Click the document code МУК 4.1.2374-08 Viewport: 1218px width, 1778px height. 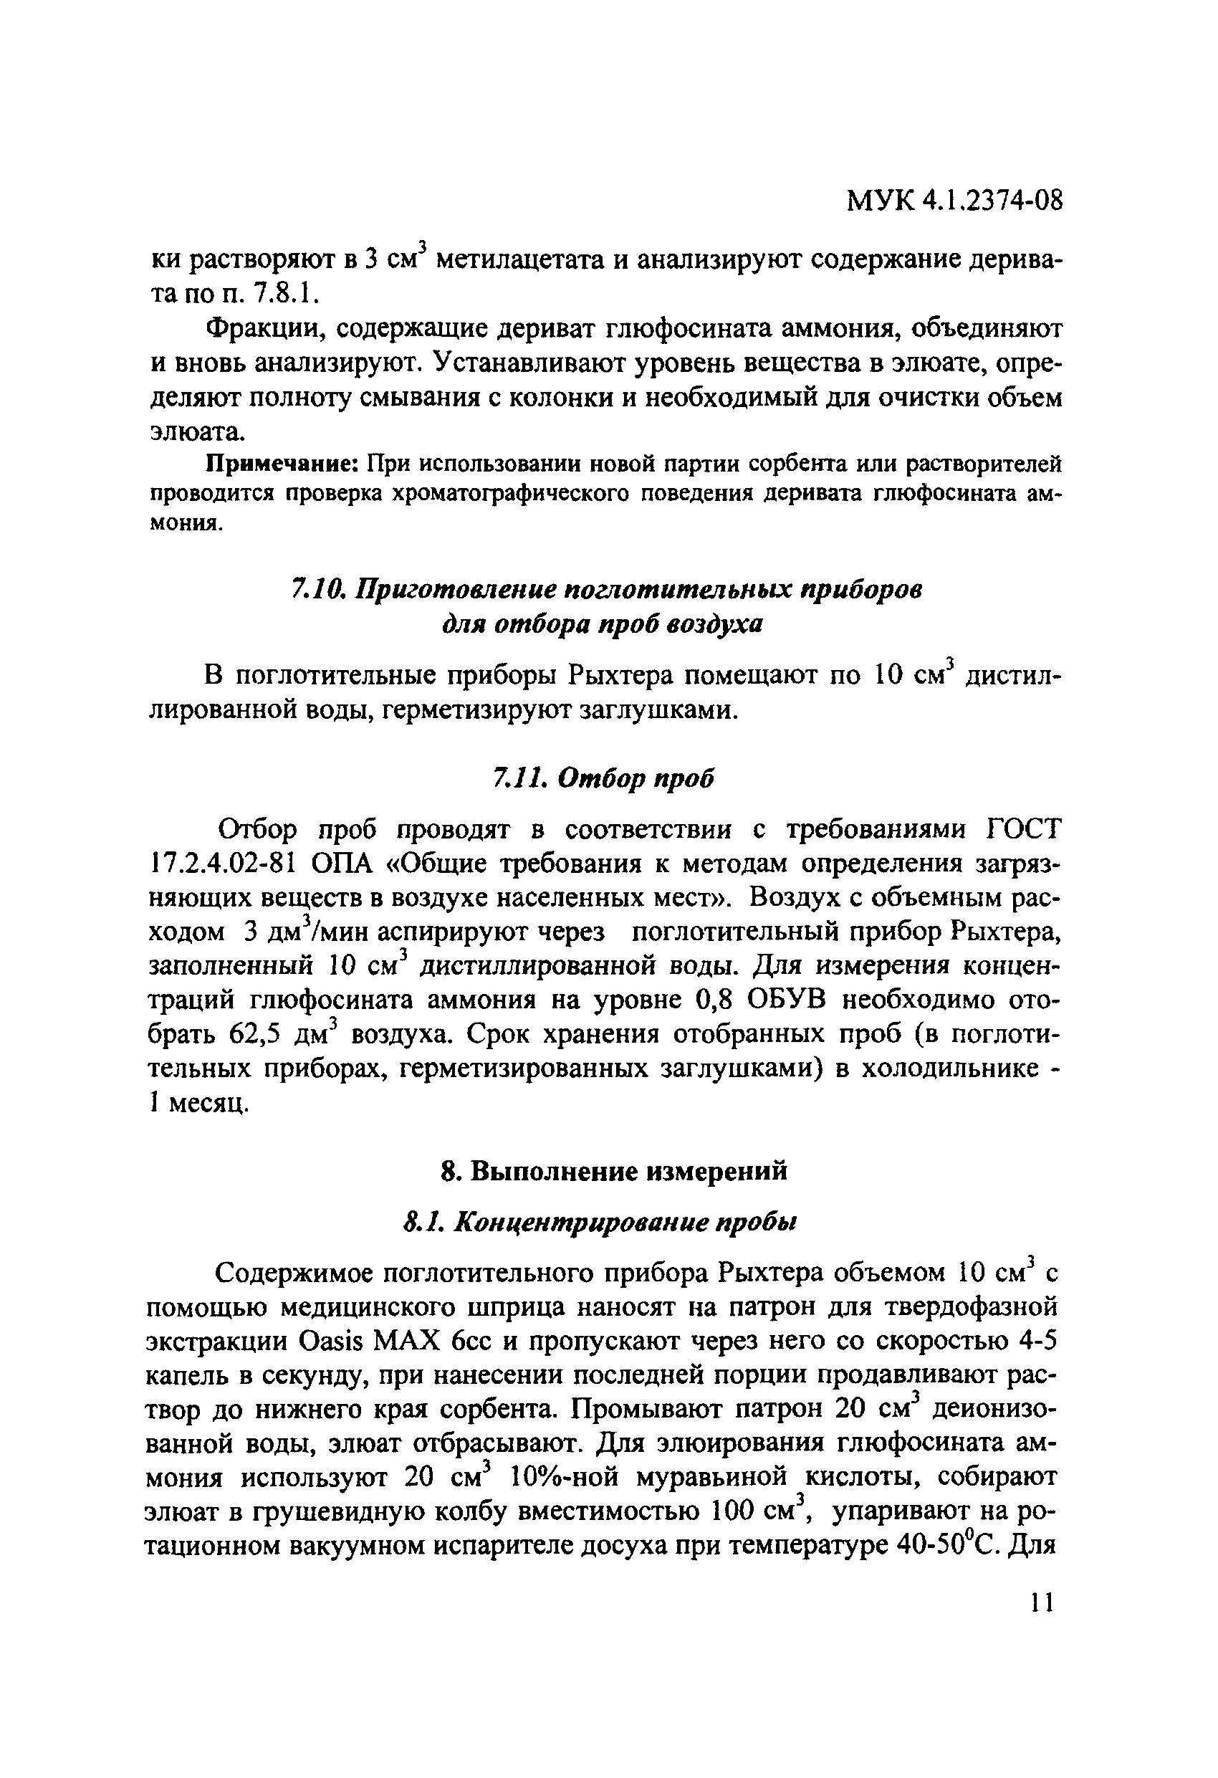[x=955, y=201]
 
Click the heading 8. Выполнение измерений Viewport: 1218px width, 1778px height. [x=615, y=1171]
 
